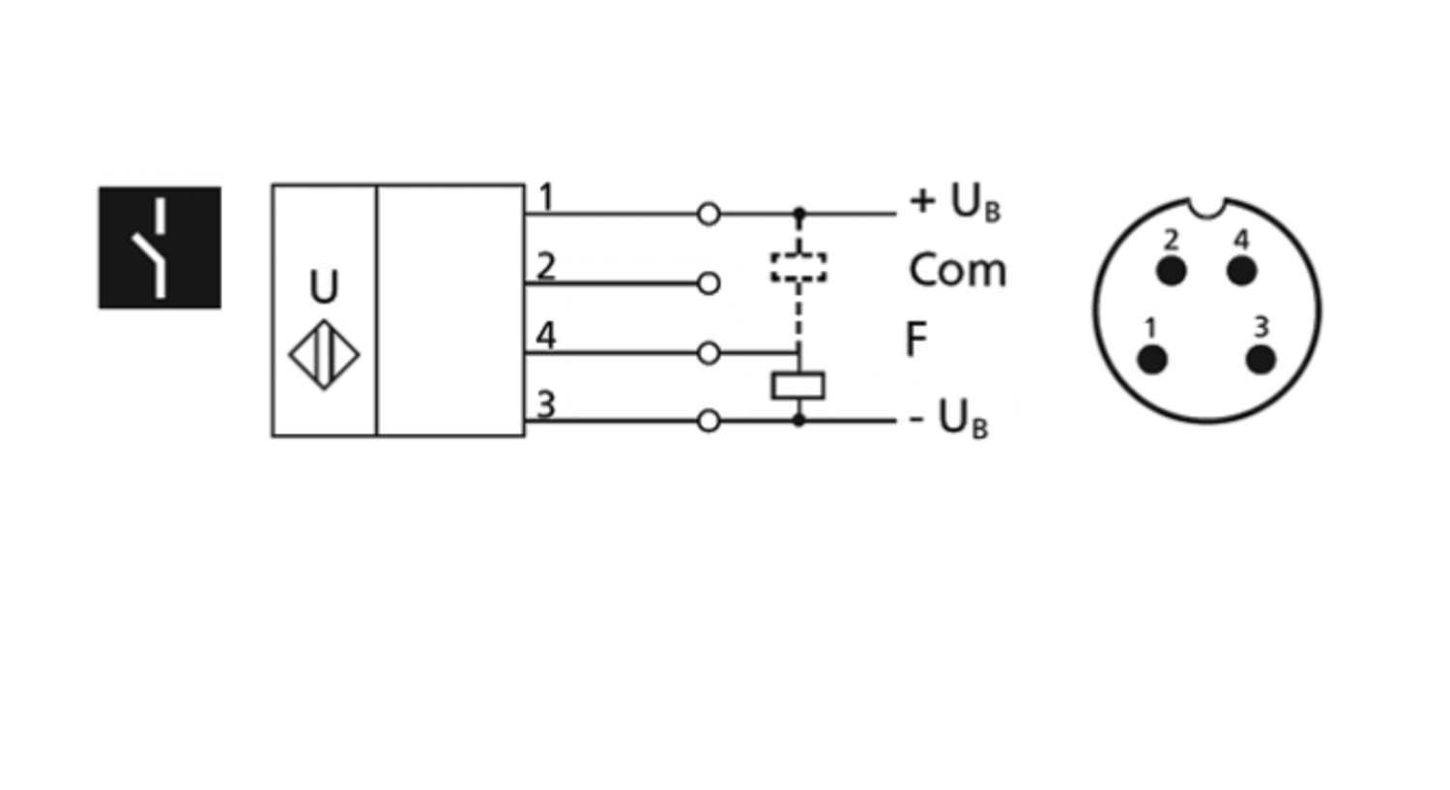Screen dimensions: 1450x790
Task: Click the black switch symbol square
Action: pyautogui.click(x=159, y=248)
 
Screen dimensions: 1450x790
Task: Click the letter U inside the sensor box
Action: pyautogui.click(x=324, y=286)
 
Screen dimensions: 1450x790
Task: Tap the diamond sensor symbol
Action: pyautogui.click(x=324, y=355)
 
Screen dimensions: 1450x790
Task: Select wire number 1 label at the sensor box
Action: pyautogui.click(x=547, y=197)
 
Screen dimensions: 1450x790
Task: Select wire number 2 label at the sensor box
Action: pyautogui.click(x=546, y=266)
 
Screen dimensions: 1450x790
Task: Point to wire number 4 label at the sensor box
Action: pyautogui.click(x=546, y=336)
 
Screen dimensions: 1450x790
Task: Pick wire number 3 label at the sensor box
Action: pyautogui.click(x=546, y=405)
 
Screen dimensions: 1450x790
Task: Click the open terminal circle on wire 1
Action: pyautogui.click(x=709, y=214)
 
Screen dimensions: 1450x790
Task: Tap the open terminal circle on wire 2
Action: pyautogui.click(x=709, y=283)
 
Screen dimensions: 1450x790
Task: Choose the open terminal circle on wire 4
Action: pyautogui.click(x=709, y=353)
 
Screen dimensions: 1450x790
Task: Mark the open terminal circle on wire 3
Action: pyautogui.click(x=709, y=421)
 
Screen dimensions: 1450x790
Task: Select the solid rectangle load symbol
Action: pyautogui.click(x=798, y=386)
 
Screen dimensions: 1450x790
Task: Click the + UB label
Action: pyautogui.click(x=955, y=203)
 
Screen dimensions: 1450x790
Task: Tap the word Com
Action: pyautogui.click(x=958, y=270)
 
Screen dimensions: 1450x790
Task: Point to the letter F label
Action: pyautogui.click(x=916, y=339)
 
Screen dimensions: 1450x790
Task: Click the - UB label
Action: pyautogui.click(x=949, y=419)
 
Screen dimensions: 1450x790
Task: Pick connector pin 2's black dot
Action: pyautogui.click(x=1171, y=271)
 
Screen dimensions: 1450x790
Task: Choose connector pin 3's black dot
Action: pyautogui.click(x=1261, y=360)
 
